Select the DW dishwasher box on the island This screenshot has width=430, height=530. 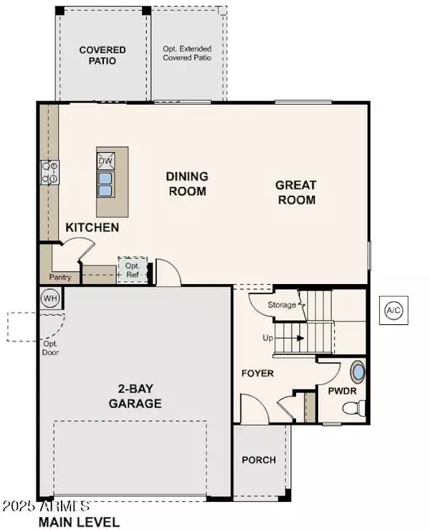[105, 160]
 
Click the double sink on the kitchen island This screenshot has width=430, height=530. [105, 184]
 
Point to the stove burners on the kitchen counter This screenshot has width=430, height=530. [49, 172]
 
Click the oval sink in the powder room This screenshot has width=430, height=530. [358, 373]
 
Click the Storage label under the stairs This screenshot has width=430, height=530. [282, 305]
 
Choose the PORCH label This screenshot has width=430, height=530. [258, 459]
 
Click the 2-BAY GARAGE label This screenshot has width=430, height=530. [135, 397]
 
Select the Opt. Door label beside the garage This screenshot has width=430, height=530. [50, 348]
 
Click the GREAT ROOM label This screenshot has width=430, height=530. [295, 192]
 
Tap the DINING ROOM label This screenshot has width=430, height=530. [186, 183]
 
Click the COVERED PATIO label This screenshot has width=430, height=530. [102, 55]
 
